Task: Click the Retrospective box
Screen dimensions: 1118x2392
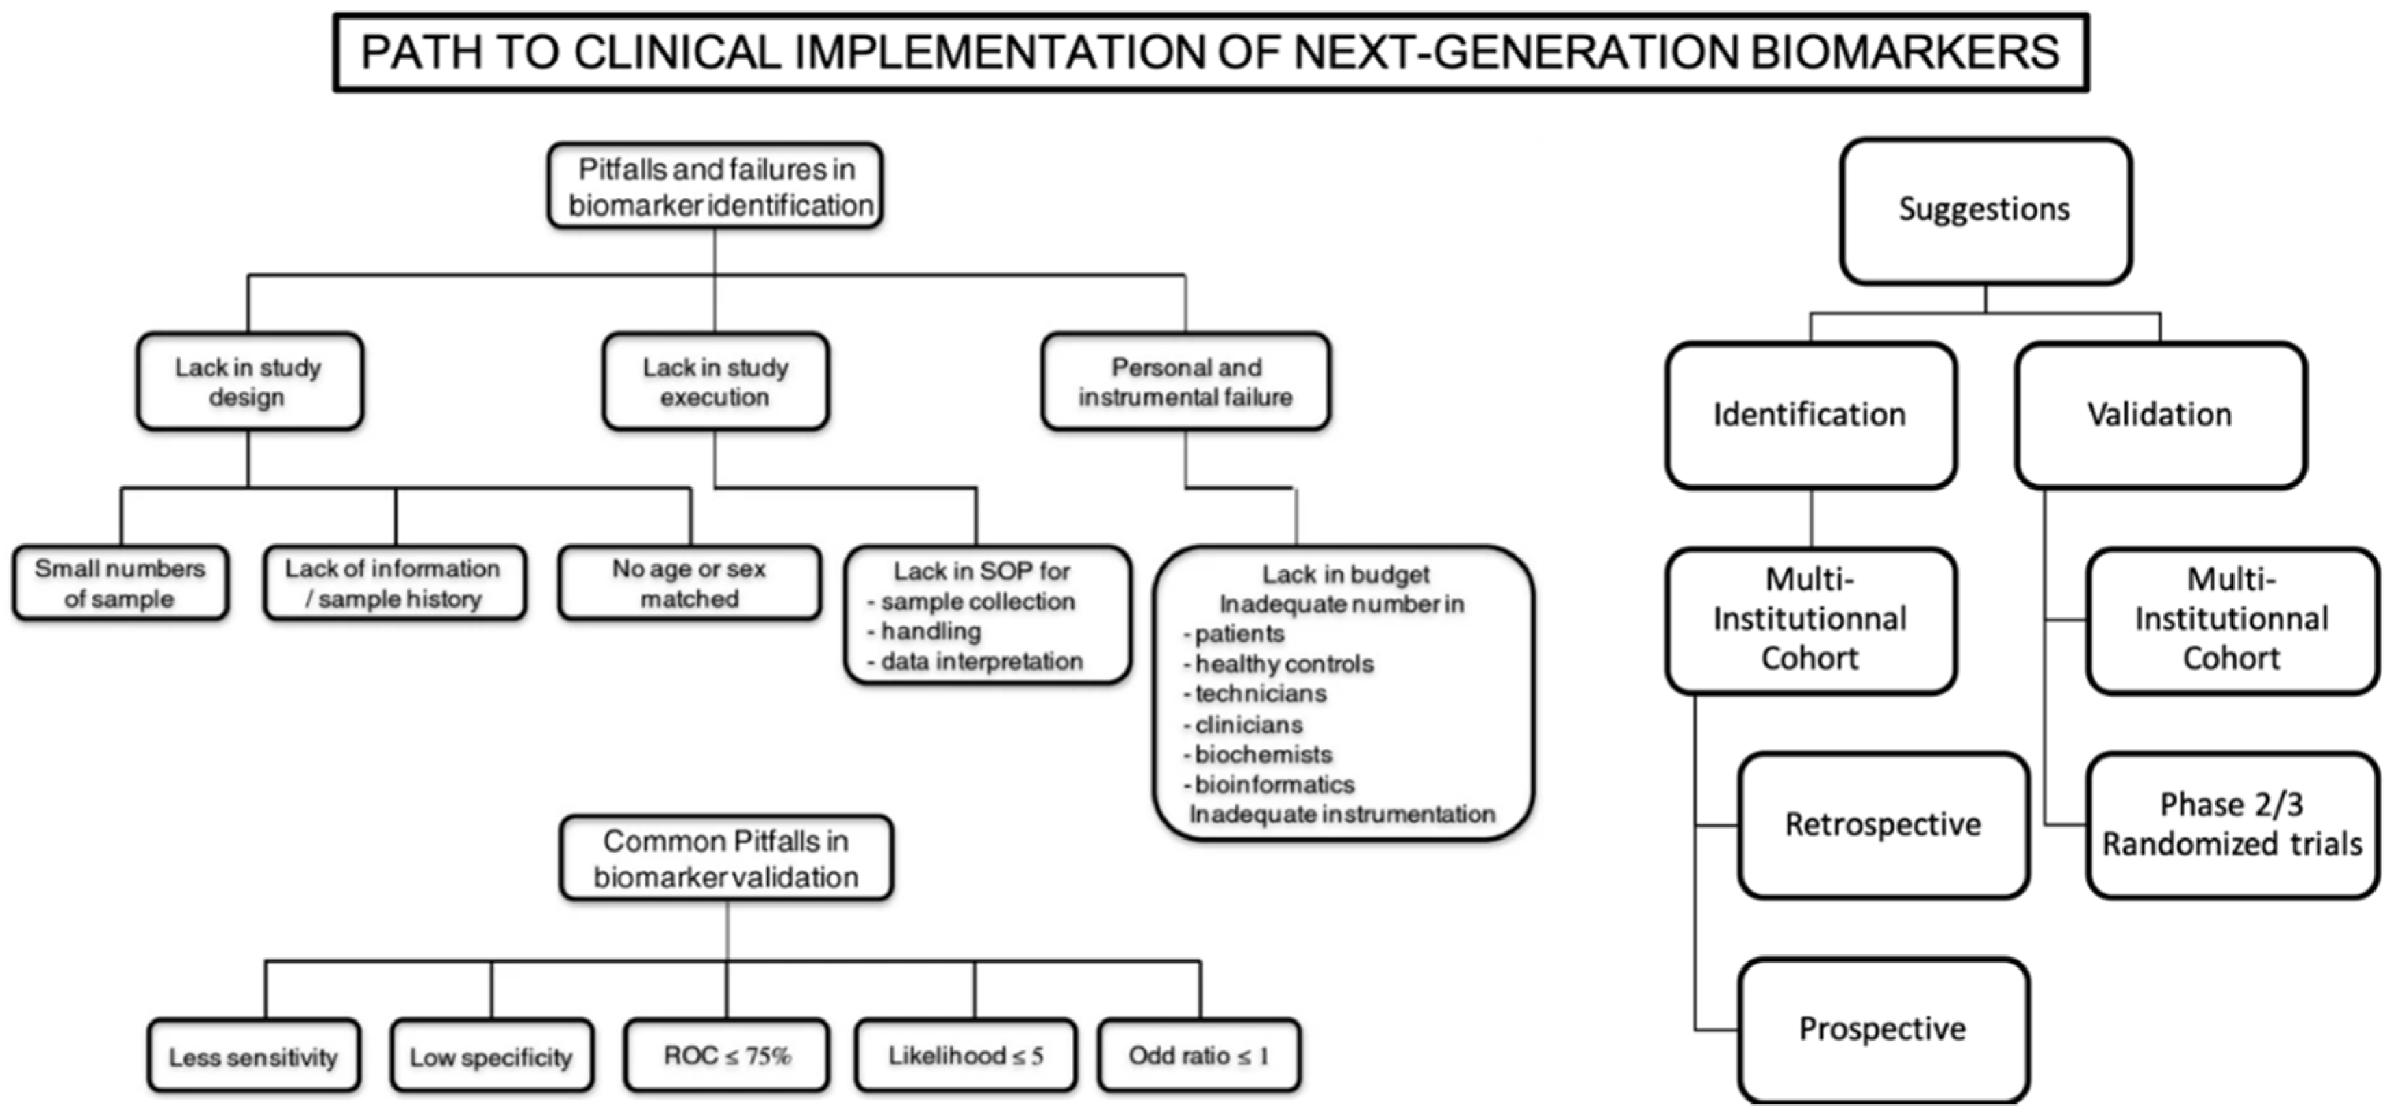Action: [1882, 824]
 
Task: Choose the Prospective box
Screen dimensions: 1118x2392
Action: [1882, 1029]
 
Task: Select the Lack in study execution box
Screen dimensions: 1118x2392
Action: [715, 382]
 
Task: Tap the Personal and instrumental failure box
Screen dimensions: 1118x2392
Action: [1186, 382]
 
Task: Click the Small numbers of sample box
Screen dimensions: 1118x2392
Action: [120, 583]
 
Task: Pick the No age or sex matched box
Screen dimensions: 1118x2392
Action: [689, 583]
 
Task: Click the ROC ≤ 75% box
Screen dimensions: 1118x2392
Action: [726, 1056]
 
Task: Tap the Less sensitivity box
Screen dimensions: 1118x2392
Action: [253, 1056]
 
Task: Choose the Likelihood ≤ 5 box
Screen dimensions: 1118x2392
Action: [966, 1056]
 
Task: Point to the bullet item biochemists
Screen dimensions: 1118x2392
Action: [1263, 754]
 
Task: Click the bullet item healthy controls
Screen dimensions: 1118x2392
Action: [1283, 664]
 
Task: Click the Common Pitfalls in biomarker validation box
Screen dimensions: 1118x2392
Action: [726, 859]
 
